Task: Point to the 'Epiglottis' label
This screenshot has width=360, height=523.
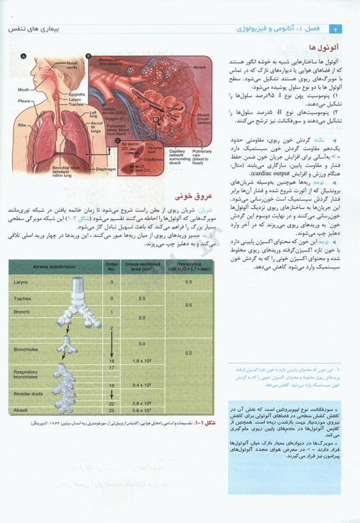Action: [77, 94]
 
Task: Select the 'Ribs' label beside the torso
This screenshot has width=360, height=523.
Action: [22, 125]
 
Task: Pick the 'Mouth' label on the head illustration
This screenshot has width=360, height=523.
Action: [24, 89]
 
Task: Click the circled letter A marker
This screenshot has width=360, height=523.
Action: [23, 57]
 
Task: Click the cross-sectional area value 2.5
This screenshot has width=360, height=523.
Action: [142, 298]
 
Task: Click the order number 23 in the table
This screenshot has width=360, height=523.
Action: [112, 410]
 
